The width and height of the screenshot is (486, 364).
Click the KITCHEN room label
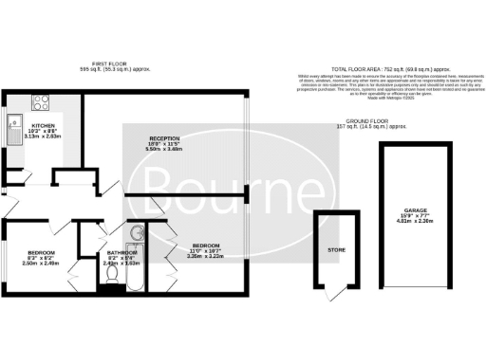tap(44, 125)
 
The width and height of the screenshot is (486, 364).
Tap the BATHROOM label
tap(121, 252)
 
